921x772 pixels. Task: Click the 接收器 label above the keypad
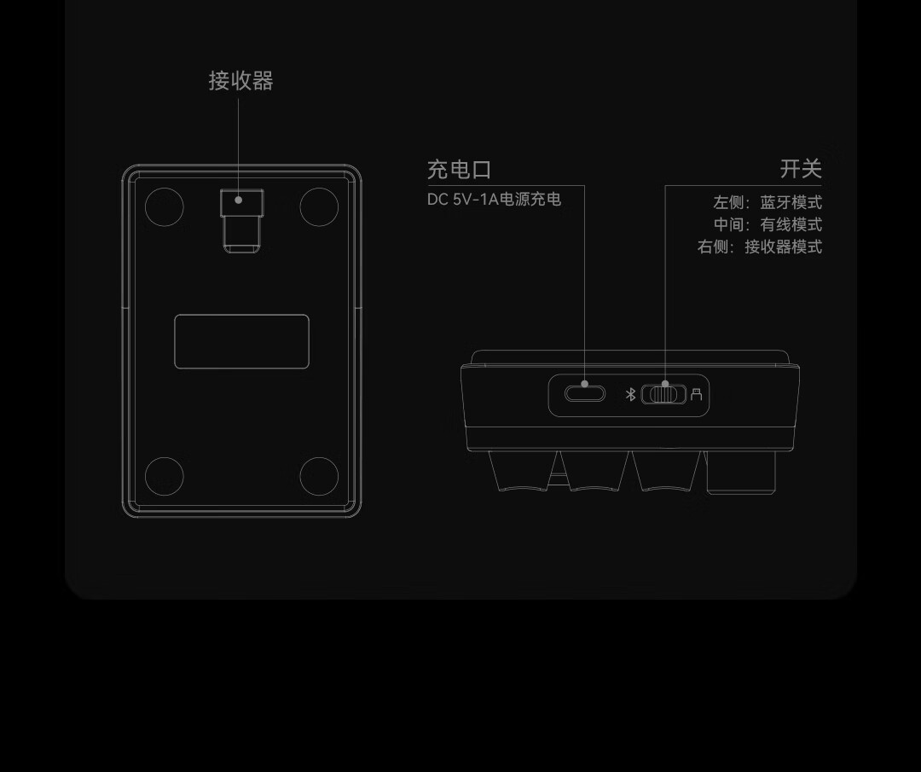pyautogui.click(x=240, y=81)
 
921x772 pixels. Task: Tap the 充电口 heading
pyautogui.click(x=459, y=170)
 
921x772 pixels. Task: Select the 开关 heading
pyautogui.click(x=800, y=169)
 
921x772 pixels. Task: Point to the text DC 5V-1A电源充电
pyautogui.click(x=494, y=200)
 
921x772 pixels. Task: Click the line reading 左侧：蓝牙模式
pyautogui.click(x=767, y=203)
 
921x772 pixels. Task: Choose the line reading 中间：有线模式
pyautogui.click(x=767, y=225)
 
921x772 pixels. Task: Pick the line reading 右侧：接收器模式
pyautogui.click(x=760, y=247)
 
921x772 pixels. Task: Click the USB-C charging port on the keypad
pyautogui.click(x=584, y=393)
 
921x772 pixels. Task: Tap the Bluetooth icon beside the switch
pyautogui.click(x=631, y=394)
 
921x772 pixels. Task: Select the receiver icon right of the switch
pyautogui.click(x=697, y=394)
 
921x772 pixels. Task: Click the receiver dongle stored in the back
pyautogui.click(x=242, y=220)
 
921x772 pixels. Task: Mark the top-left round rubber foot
pyautogui.click(x=165, y=206)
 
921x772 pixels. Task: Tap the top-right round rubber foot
pyautogui.click(x=319, y=206)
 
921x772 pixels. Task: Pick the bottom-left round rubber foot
pyautogui.click(x=165, y=476)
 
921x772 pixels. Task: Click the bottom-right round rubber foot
pyautogui.click(x=319, y=476)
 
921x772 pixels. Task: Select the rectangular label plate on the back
pyautogui.click(x=241, y=341)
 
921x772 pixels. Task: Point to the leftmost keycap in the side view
pyautogui.click(x=520, y=471)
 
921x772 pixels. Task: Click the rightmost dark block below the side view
pyautogui.click(x=740, y=472)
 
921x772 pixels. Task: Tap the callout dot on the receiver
pyautogui.click(x=239, y=200)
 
